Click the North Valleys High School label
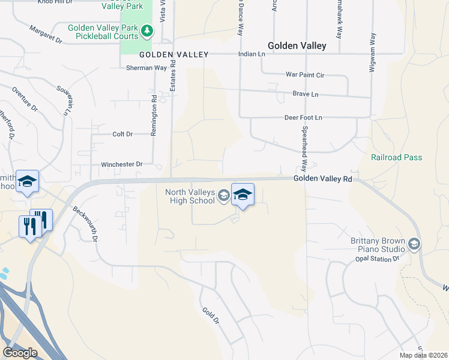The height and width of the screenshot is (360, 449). click(190, 196)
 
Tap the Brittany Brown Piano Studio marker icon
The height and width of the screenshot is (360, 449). click(414, 244)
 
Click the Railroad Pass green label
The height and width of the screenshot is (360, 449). click(396, 158)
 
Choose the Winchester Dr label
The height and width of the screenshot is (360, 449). click(121, 164)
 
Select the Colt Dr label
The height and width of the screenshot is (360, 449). click(122, 134)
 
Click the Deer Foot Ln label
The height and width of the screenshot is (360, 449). click(303, 118)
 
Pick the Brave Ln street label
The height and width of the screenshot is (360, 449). click(305, 95)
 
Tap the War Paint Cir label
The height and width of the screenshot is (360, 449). click(304, 75)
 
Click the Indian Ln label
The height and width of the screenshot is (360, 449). click(252, 54)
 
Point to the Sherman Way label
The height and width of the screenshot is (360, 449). click(146, 68)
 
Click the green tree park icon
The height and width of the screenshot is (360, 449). click(146, 30)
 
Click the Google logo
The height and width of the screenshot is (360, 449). click(20, 353)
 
